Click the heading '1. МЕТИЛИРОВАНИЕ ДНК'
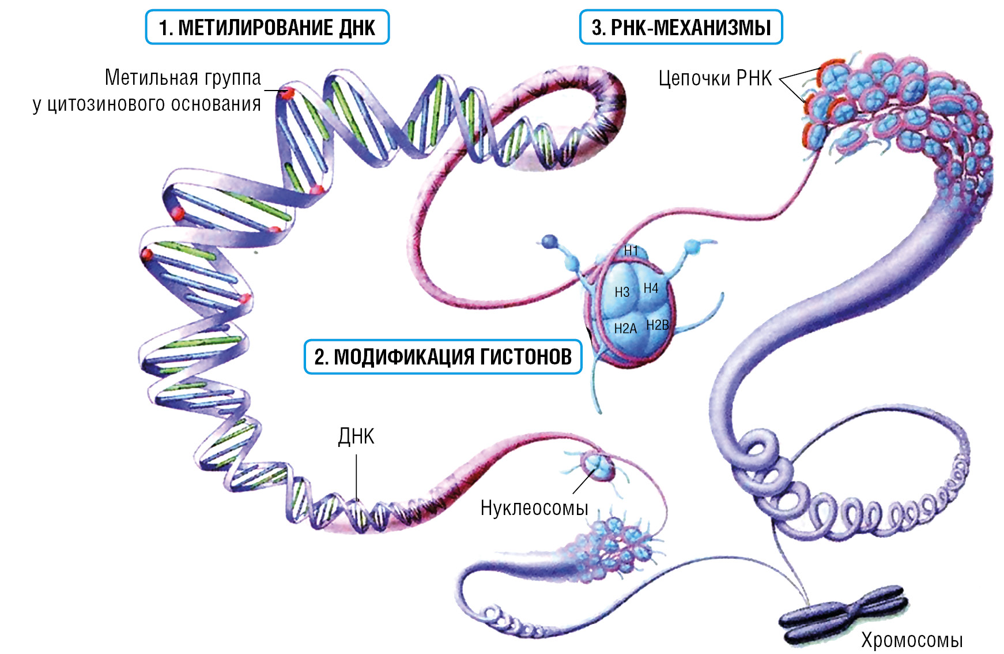267,27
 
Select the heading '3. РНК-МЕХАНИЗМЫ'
681,27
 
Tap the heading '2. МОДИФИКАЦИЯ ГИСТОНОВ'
443,357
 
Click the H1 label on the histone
631,251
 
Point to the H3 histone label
622,292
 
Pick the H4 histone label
651,288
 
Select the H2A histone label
625,329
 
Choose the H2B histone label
657,325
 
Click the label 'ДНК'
356,437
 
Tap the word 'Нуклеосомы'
534,508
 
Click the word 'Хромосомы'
912,640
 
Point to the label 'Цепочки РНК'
715,78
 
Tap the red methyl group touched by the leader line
288,92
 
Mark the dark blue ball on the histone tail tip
550,240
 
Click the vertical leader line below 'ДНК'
356,476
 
